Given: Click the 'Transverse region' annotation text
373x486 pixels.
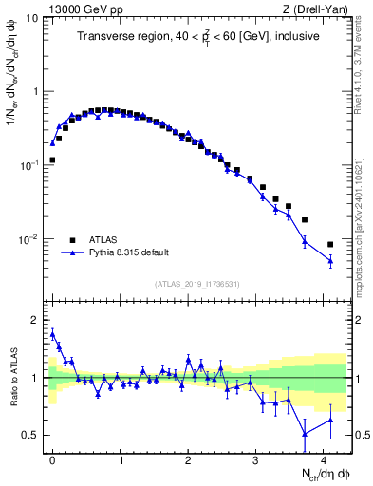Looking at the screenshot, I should point(197,37).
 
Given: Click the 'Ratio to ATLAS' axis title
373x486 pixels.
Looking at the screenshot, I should point(12,377).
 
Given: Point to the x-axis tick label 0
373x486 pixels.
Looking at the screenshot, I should point(52,458).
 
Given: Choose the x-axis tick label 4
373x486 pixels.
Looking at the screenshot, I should point(324,458).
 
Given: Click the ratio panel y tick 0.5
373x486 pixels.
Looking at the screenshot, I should point(29,435).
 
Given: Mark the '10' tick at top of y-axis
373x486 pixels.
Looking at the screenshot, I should point(31,18).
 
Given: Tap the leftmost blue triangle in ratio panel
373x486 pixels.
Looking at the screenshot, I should point(52,332).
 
